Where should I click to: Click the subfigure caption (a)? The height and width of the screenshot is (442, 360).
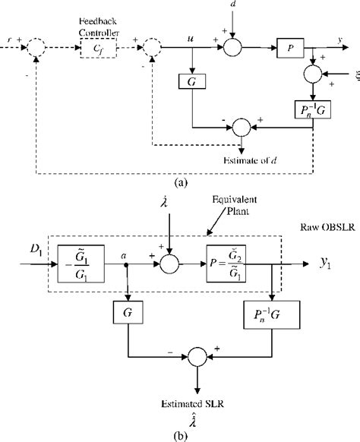coord(178,182)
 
